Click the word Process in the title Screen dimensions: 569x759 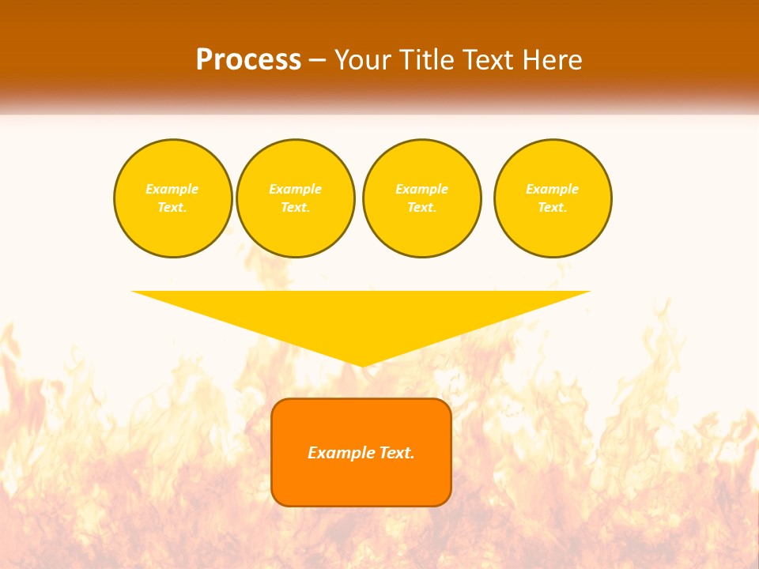click(x=248, y=60)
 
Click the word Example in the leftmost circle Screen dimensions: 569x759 click(x=172, y=189)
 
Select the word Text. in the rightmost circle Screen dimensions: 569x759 click(x=552, y=207)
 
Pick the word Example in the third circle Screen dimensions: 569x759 click(x=421, y=189)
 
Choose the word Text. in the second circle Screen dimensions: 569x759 click(x=295, y=207)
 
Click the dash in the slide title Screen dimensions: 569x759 click(x=317, y=61)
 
